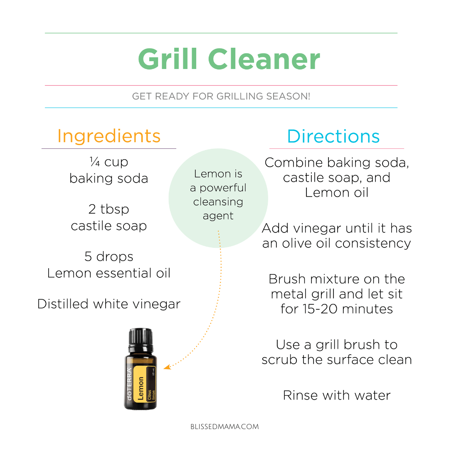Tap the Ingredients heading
(109, 136)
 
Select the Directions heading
(333, 136)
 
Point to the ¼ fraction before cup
(95, 162)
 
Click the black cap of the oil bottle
(141, 340)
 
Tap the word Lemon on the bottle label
(141, 388)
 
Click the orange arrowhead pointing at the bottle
(167, 367)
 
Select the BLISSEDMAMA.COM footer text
(224, 427)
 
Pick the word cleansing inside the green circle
(218, 202)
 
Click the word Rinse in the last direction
(301, 395)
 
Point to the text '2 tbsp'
(109, 209)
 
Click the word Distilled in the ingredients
(63, 304)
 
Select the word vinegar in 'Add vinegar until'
(317, 229)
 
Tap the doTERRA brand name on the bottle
(129, 384)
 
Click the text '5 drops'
(109, 257)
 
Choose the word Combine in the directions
(294, 163)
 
